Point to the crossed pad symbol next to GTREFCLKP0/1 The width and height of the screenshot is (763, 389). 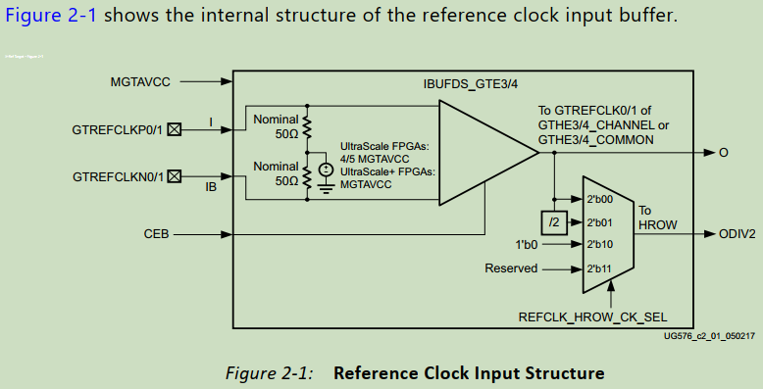tap(175, 129)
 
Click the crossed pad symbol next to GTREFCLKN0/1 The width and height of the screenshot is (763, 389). tap(175, 177)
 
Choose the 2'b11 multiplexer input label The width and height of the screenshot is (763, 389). tap(598, 267)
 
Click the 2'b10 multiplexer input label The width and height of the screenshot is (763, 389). tap(598, 244)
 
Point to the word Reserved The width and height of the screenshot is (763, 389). tap(511, 267)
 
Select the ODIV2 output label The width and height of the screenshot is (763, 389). tap(738, 234)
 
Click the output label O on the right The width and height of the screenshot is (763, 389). tap(724, 153)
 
